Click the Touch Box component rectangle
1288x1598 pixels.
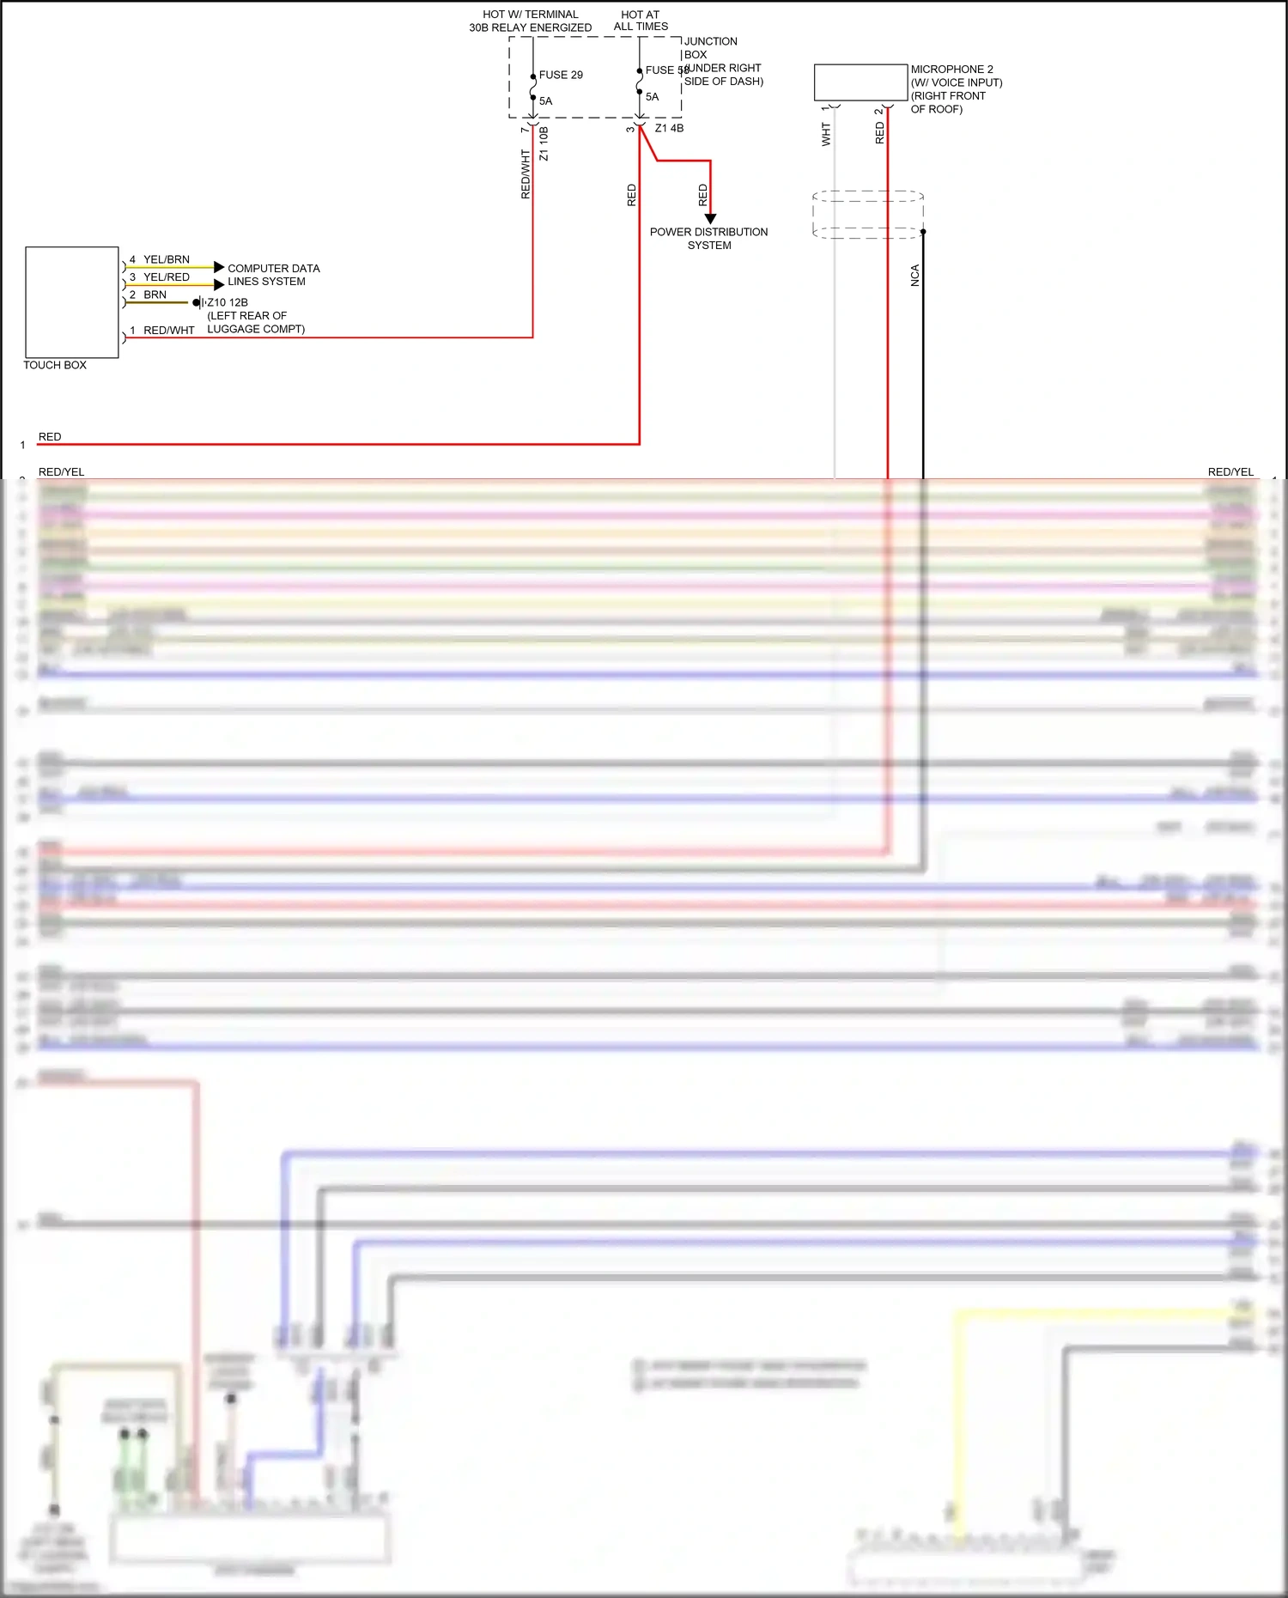[x=72, y=302]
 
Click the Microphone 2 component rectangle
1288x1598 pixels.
[x=860, y=82]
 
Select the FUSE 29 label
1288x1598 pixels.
[x=561, y=76]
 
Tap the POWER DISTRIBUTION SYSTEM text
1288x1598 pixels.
[x=709, y=239]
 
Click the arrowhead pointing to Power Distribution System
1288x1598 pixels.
[x=710, y=219]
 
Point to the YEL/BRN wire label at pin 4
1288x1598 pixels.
[x=167, y=259]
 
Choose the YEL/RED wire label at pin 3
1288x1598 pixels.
[x=167, y=277]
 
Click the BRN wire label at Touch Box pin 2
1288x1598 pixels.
[x=155, y=295]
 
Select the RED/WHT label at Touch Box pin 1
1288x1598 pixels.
[x=169, y=331]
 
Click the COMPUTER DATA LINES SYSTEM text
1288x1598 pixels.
[x=273, y=275]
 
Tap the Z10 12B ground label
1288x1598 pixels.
[x=228, y=302]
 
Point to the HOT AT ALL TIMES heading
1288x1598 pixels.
[x=641, y=21]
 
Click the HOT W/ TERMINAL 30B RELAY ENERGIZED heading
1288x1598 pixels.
[x=531, y=21]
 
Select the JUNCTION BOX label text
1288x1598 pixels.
[x=710, y=47]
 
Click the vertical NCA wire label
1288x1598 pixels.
[x=915, y=276]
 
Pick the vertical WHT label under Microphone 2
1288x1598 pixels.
[x=826, y=134]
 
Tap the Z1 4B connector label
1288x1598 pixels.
[x=670, y=129]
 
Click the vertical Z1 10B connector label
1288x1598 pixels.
[x=544, y=144]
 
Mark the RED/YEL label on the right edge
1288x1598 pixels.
[x=1230, y=472]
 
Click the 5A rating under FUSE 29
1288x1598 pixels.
[x=546, y=101]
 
